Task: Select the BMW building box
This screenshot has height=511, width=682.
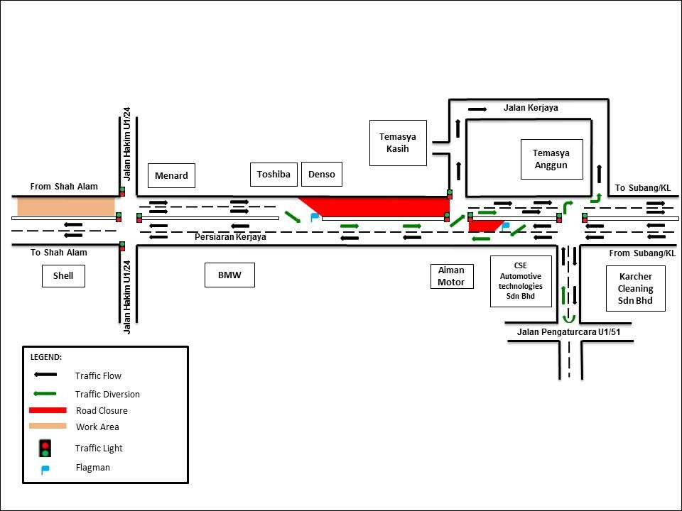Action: tap(229, 275)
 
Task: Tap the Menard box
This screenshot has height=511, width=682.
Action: tap(170, 175)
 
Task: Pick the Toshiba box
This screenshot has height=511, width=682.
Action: tap(274, 174)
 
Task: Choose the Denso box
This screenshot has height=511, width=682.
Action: tap(321, 174)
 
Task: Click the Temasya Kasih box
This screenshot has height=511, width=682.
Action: tap(398, 143)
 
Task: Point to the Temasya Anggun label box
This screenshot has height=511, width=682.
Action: tap(551, 159)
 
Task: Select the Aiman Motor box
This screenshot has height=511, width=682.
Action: tap(450, 276)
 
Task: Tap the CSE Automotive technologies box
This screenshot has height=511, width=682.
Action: tap(521, 281)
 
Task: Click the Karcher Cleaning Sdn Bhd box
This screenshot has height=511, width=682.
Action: tap(635, 288)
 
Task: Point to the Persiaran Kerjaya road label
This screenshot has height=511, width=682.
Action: tap(230, 237)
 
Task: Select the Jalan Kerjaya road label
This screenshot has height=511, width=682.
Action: tap(531, 108)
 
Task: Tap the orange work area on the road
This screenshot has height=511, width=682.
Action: tap(66, 207)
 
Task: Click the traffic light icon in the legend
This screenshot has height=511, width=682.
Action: tap(45, 449)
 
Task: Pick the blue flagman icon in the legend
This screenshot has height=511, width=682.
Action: tap(45, 468)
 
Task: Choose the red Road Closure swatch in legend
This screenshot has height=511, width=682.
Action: tap(48, 410)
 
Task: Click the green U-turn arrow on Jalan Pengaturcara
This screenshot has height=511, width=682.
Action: tap(567, 318)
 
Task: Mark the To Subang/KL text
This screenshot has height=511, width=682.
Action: tap(642, 188)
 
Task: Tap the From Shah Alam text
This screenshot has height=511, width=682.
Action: tap(64, 187)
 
